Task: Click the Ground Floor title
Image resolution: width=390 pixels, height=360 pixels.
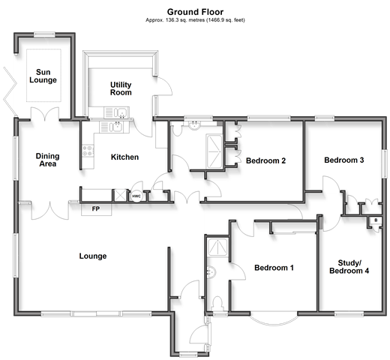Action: (195, 12)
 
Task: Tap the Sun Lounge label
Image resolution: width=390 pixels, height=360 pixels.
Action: (43, 76)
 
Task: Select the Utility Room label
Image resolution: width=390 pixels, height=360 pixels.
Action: (121, 88)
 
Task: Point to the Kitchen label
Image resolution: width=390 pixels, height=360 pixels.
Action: (124, 157)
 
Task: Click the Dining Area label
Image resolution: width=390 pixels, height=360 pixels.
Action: (47, 160)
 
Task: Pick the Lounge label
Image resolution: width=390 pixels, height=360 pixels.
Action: (93, 256)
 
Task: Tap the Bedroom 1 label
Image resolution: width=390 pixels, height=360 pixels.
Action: (274, 268)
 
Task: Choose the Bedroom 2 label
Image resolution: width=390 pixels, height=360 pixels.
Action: (265, 160)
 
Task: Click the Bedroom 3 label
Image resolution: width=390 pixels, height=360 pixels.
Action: (344, 160)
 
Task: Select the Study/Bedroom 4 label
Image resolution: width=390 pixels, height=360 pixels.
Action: (349, 267)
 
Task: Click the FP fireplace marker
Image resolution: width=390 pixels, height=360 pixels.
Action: (96, 208)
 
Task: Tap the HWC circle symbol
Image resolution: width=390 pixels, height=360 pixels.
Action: (136, 196)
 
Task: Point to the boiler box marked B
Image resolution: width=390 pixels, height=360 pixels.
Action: (376, 220)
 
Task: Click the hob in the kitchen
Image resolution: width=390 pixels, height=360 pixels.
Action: (88, 151)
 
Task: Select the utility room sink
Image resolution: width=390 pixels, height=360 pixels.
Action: (116, 112)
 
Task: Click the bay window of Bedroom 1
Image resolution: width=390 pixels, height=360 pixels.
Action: (274, 319)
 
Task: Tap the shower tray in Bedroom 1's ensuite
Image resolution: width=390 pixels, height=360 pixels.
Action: (217, 247)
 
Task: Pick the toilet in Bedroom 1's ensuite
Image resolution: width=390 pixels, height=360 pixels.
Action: (217, 304)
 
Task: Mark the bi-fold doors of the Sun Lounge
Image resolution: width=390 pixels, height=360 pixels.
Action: (10, 91)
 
